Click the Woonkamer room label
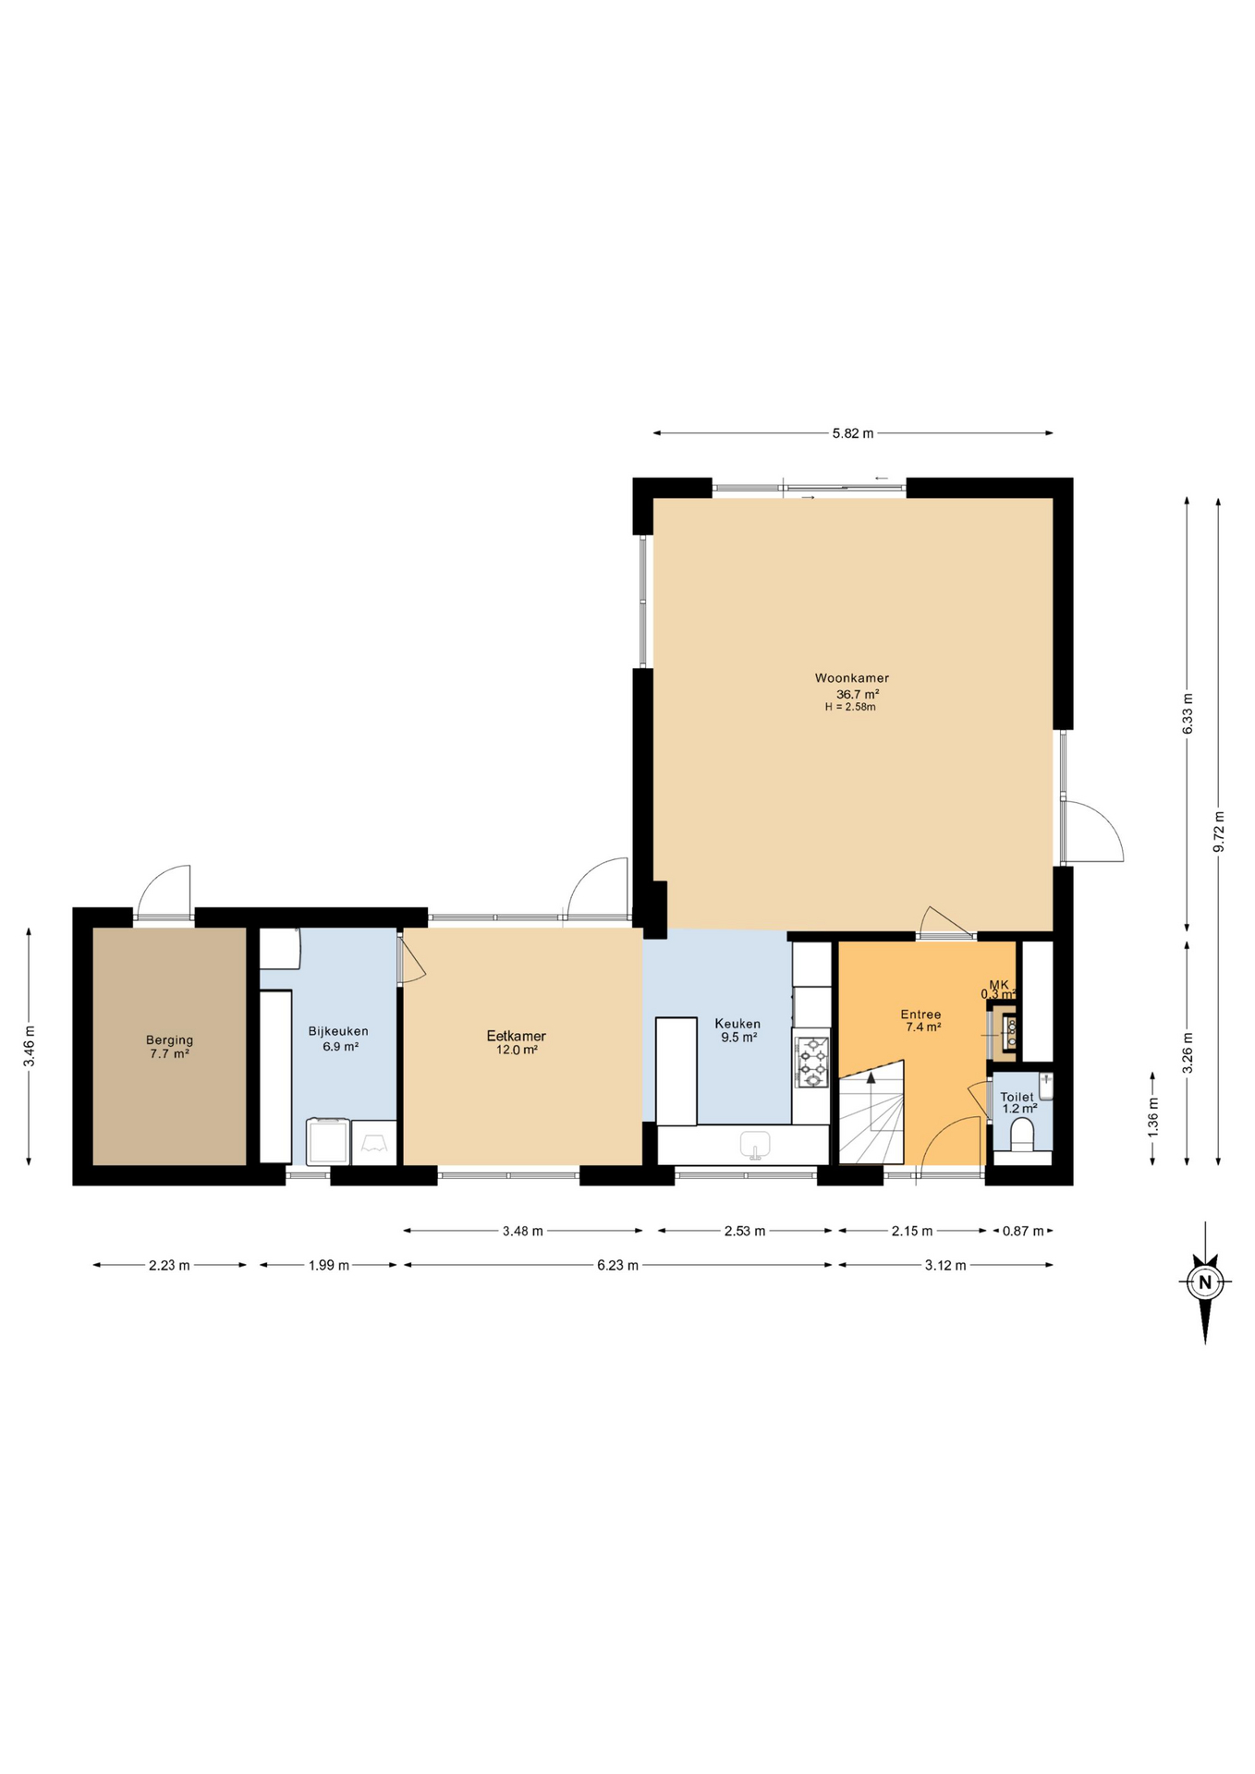851,678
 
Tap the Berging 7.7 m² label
169,1047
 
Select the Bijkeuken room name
338,1031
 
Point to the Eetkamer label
516,1036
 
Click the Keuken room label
737,1024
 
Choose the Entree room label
920,1015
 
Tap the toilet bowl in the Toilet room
1022,1134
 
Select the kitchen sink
755,1144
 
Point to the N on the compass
1205,1282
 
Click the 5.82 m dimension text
853,433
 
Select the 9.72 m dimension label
1219,831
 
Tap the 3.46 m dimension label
30,1047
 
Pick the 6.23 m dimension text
617,1265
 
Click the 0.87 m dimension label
1023,1231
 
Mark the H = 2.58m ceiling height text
850,707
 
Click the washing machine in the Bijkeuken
328,1142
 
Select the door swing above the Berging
164,892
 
